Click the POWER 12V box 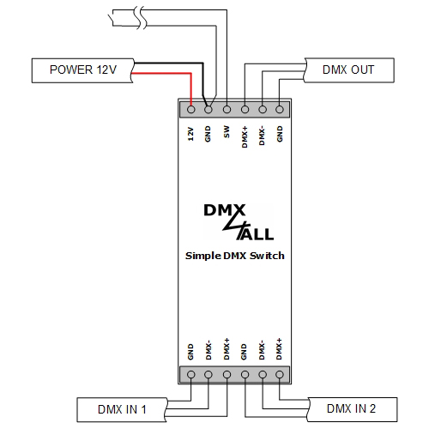pyautogui.click(x=81, y=69)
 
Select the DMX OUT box pyautogui.click(x=348, y=69)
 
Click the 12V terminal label pyautogui.click(x=190, y=135)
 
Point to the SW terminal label pyautogui.click(x=227, y=135)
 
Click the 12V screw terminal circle pyautogui.click(x=190, y=109)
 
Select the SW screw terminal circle pyautogui.click(x=227, y=109)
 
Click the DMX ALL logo pyautogui.click(x=234, y=223)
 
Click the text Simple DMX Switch pyautogui.click(x=234, y=256)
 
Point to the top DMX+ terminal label pyautogui.click(x=245, y=135)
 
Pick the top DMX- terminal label pyautogui.click(x=263, y=135)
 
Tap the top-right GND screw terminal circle pyautogui.click(x=280, y=109)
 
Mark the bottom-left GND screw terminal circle pyautogui.click(x=190, y=375)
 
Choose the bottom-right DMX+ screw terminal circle pyautogui.click(x=280, y=375)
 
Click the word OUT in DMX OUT pyautogui.click(x=361, y=69)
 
